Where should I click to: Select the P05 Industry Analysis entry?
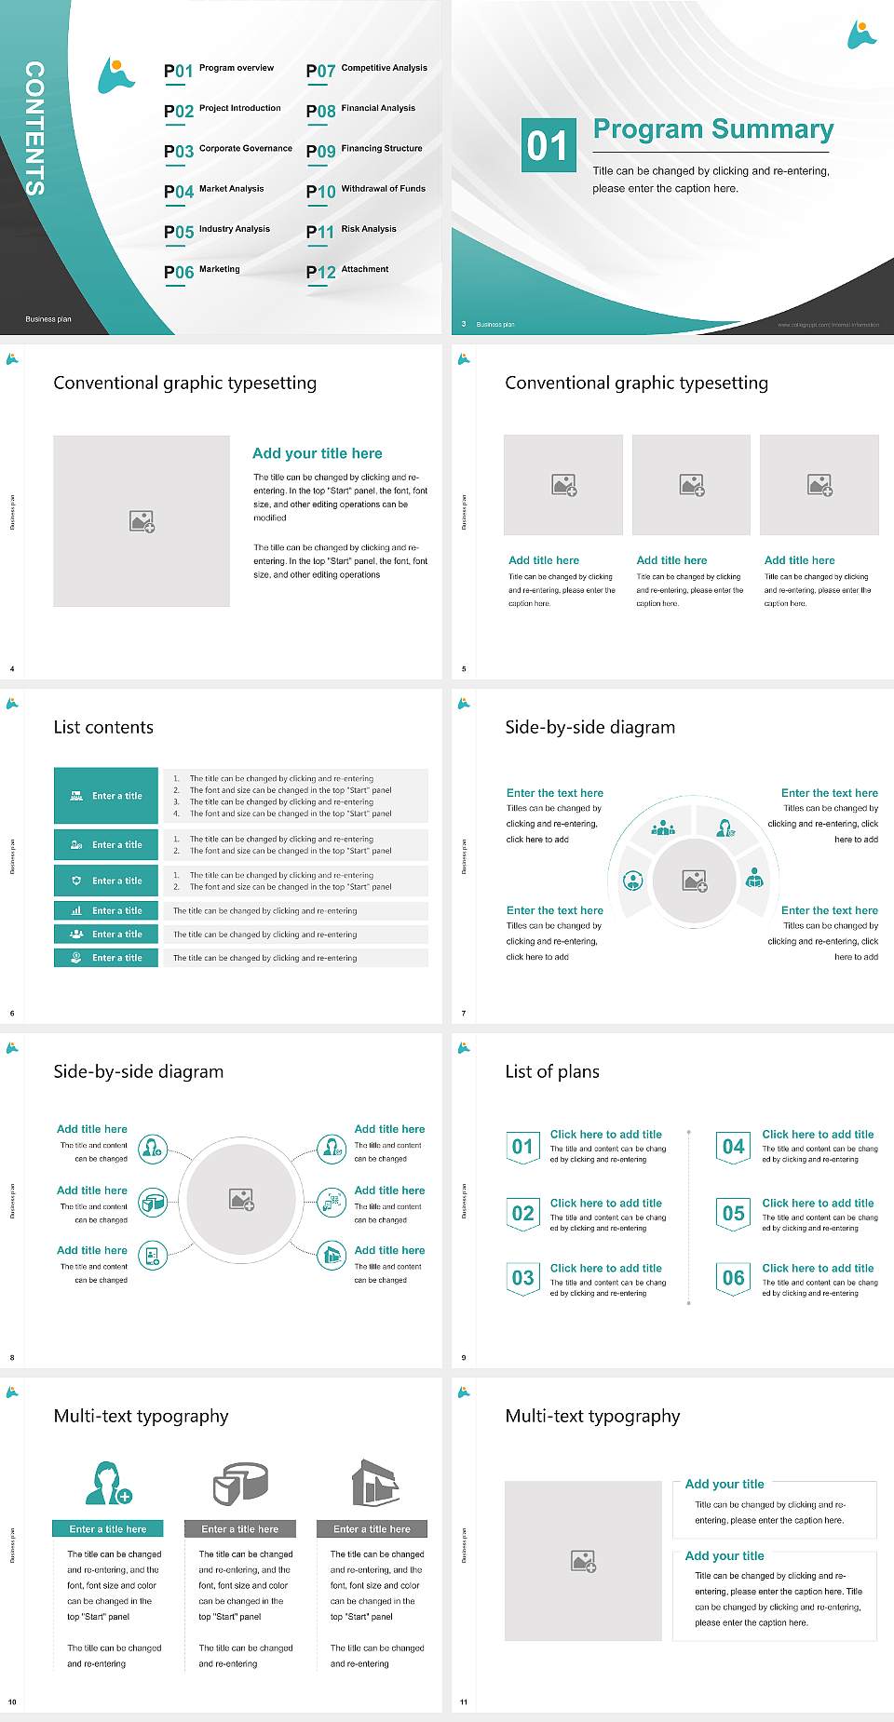[x=217, y=231]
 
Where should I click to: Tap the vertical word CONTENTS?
[x=34, y=128]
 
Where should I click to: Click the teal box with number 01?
[x=548, y=145]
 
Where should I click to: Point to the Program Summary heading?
[x=712, y=129]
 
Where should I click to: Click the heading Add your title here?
[x=317, y=453]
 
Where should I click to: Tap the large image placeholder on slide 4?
[x=142, y=521]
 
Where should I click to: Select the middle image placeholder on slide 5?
[x=691, y=485]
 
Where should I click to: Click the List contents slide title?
[x=103, y=727]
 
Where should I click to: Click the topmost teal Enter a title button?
[x=107, y=796]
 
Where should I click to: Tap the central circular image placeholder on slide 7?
[x=694, y=880]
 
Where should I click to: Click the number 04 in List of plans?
[x=734, y=1147]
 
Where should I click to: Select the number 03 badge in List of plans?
[x=523, y=1278]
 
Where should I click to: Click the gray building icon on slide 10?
[x=375, y=1484]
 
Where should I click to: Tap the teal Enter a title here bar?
[x=108, y=1528]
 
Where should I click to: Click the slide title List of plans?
[x=552, y=1071]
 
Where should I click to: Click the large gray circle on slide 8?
[x=241, y=1199]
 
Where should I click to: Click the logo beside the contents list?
[x=115, y=76]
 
